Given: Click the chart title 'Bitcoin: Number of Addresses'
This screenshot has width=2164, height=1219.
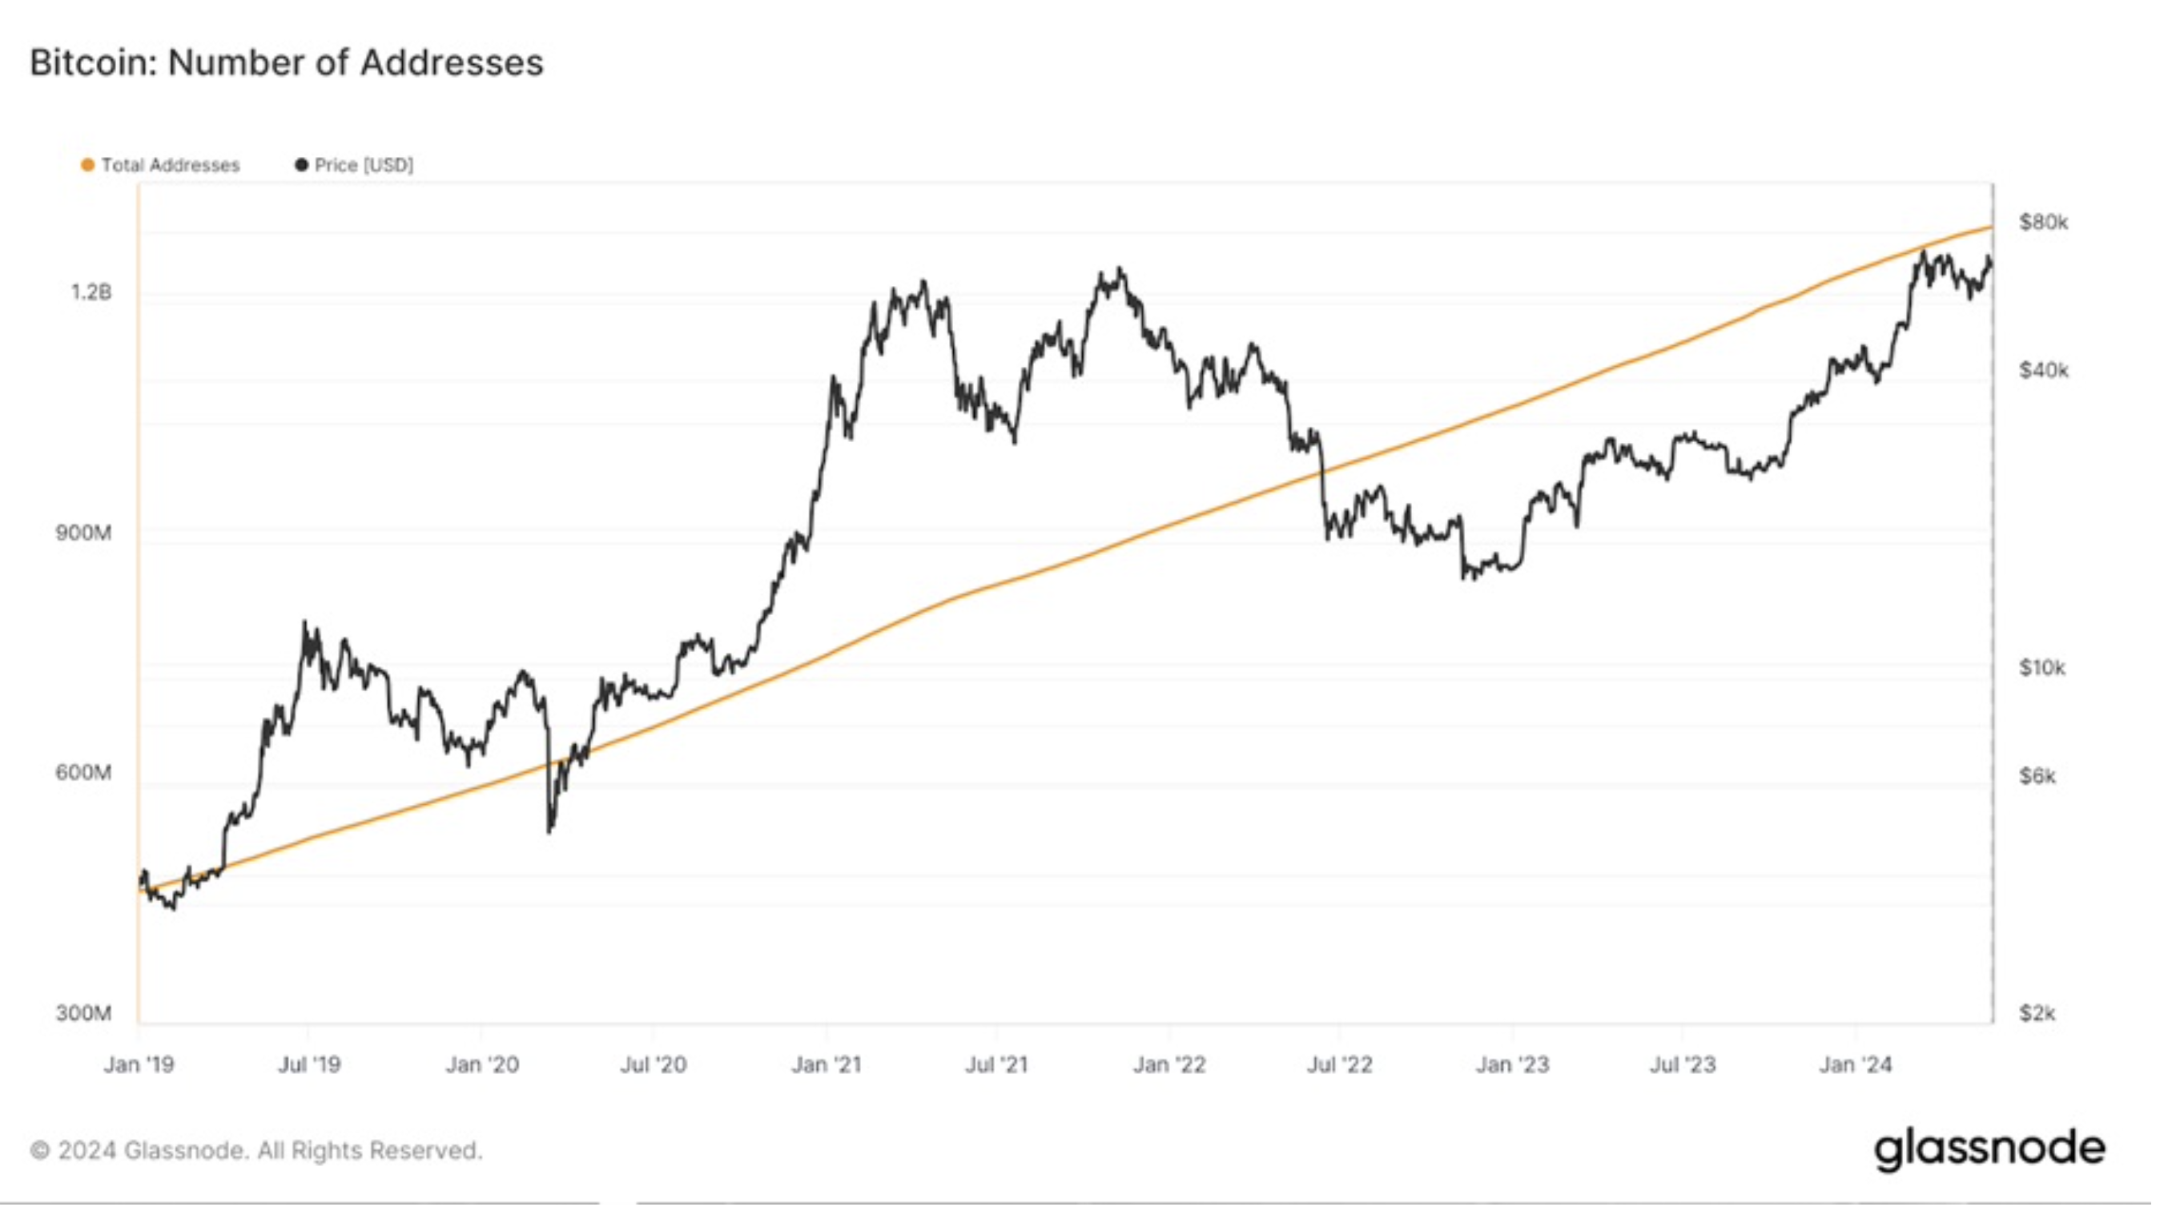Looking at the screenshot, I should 287,63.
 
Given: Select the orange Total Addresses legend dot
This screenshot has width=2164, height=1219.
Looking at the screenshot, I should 87,166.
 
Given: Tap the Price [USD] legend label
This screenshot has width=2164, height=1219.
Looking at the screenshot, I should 364,166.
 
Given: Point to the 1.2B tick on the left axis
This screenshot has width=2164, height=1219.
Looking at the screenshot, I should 91,292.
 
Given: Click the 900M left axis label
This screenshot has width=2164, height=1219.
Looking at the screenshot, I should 83,533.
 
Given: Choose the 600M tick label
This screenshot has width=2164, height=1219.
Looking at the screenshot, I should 83,773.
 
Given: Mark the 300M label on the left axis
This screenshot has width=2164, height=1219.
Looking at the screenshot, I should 83,1013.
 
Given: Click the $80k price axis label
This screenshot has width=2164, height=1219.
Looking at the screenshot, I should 2043,223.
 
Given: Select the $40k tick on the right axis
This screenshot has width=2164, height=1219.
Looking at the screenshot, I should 2043,371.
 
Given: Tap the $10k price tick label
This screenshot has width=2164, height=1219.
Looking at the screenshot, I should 2041,669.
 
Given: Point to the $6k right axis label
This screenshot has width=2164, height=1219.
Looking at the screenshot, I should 2037,776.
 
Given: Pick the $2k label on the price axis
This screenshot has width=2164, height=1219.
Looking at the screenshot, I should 2037,1013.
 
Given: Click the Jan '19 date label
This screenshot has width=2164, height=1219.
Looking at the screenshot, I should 139,1065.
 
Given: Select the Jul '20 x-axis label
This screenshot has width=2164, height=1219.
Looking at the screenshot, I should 653,1065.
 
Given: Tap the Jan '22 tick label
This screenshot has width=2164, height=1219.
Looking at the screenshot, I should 1168,1065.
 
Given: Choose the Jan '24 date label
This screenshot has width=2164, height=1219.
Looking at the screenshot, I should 1855,1065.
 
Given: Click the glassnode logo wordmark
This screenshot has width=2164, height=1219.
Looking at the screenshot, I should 1989,1149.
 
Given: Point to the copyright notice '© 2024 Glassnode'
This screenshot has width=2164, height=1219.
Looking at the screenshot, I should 256,1151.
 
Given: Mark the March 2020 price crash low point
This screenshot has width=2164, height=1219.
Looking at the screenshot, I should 549,831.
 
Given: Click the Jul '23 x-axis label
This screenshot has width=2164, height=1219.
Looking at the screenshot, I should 1683,1065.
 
